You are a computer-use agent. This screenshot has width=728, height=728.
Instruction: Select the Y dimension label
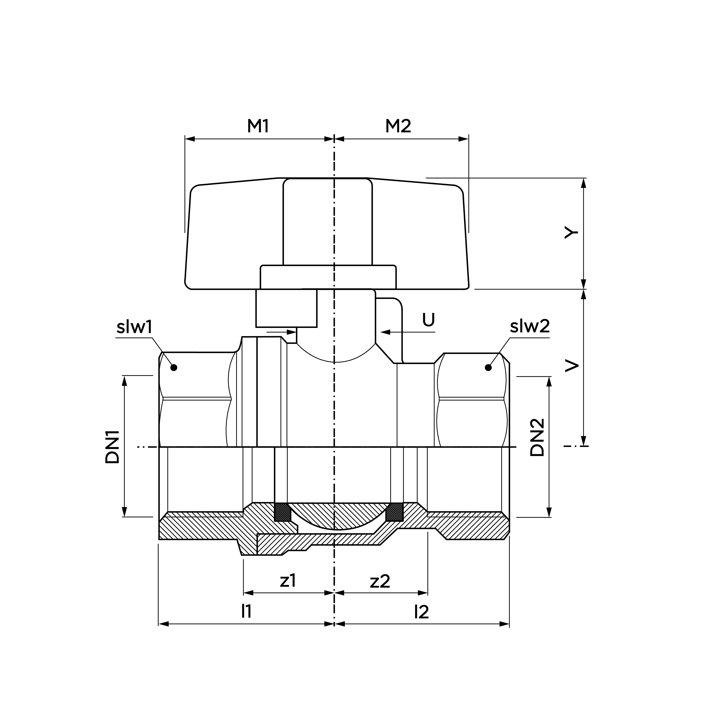click(571, 233)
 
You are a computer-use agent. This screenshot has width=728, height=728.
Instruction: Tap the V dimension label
click(571, 365)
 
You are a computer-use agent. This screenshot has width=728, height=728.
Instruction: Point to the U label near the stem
click(428, 320)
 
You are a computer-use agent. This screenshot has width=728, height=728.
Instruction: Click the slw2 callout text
click(530, 326)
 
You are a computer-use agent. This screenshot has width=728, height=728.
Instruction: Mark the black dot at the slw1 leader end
click(174, 367)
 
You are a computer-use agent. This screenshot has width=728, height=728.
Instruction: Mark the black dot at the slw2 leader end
click(488, 367)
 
